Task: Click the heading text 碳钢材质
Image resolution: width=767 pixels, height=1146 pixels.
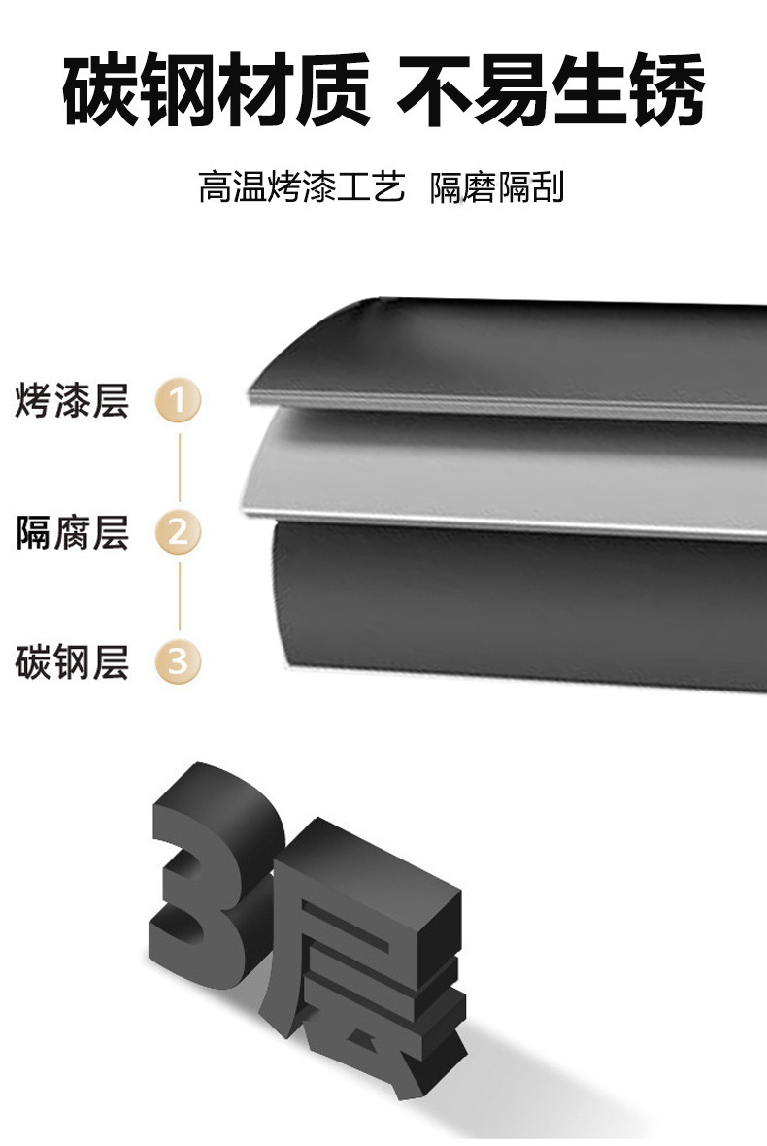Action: pyautogui.click(x=216, y=91)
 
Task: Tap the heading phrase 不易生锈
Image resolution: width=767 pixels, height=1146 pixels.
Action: pyautogui.click(x=550, y=91)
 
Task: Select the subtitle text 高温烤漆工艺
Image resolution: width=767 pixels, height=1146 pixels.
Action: pyautogui.click(x=301, y=186)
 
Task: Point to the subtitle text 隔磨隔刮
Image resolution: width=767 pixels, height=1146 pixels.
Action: pyautogui.click(x=497, y=186)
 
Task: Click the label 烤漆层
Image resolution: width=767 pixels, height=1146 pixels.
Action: pyautogui.click(x=73, y=400)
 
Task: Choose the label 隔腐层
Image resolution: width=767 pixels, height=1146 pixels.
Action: pyautogui.click(x=73, y=532)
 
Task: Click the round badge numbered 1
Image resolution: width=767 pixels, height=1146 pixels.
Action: pyautogui.click(x=178, y=400)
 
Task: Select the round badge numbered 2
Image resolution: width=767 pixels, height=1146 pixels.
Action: pyautogui.click(x=178, y=532)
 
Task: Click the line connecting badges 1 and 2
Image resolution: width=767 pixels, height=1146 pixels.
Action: pyautogui.click(x=179, y=466)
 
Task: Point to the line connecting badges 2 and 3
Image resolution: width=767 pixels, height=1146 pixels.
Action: pyautogui.click(x=179, y=597)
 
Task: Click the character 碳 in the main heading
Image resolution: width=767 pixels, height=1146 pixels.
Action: pyautogui.click(x=100, y=91)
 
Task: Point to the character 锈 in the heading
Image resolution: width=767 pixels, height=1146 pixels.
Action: pyautogui.click(x=665, y=91)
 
